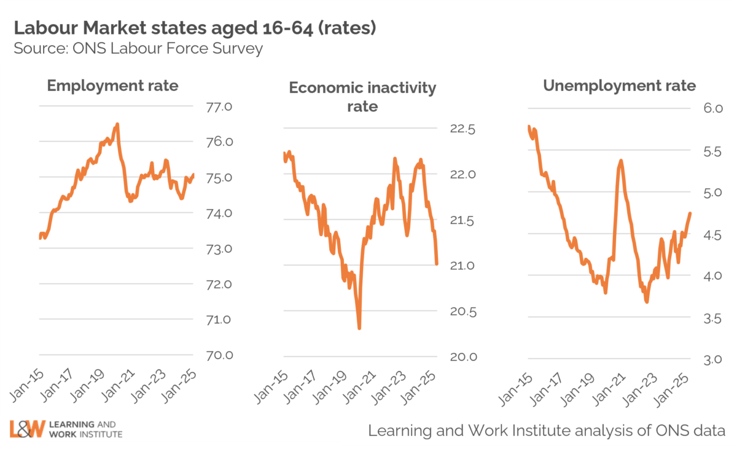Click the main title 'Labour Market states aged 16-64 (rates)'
pyautogui.click(x=194, y=28)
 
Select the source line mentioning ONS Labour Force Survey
pyautogui.click(x=138, y=49)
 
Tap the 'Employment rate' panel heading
pyautogui.click(x=112, y=85)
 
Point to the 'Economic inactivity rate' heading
pyautogui.click(x=362, y=97)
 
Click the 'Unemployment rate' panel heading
pyautogui.click(x=619, y=85)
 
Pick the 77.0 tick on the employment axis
pyautogui.click(x=219, y=107)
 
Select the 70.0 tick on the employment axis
pyautogui.click(x=219, y=355)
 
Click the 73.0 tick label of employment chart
pyautogui.click(x=219, y=249)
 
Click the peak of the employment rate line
pyautogui.click(x=117, y=124)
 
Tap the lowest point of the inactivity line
pyautogui.click(x=359, y=328)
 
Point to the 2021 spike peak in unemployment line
pyautogui.click(x=621, y=161)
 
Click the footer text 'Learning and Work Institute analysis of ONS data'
pyautogui.click(x=547, y=430)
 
